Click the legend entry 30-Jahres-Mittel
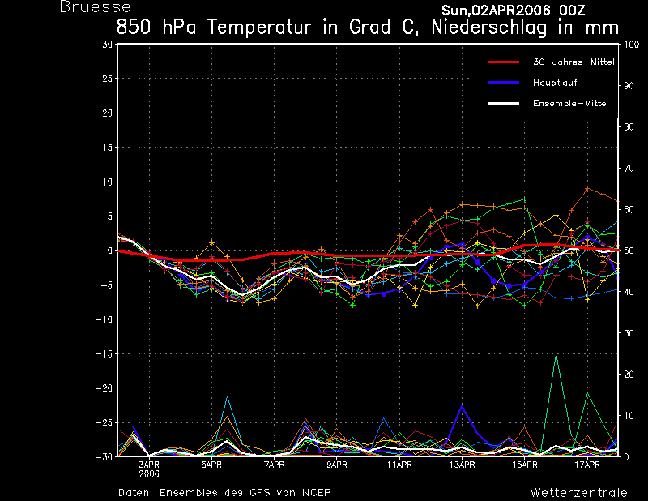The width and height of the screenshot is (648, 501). coord(573,62)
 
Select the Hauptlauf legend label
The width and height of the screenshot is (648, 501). coord(555,83)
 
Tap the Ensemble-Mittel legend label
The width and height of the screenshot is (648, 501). coord(570,104)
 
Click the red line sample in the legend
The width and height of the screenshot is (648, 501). coord(503,62)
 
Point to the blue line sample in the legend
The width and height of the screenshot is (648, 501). coord(503,83)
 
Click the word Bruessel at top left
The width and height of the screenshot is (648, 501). coord(98,7)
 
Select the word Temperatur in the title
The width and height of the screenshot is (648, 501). coord(259,28)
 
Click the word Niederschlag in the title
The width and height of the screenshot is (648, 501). coord(489,28)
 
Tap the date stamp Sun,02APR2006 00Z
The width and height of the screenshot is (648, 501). coord(514,11)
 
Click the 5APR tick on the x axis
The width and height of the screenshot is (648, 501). coord(211,465)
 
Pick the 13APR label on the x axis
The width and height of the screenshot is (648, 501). coord(462,465)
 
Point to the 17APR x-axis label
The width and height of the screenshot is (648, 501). coord(587,465)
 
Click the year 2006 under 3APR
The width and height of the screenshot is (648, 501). coord(149,474)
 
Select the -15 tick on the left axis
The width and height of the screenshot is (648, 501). coord(104,354)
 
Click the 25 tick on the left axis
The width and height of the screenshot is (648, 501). coord(108,79)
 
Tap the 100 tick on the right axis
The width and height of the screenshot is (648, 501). coord(632,45)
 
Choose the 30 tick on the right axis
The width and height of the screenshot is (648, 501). coord(629,333)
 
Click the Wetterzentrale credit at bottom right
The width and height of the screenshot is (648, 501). coord(579,493)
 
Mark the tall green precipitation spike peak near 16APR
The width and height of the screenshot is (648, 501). coord(556,354)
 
